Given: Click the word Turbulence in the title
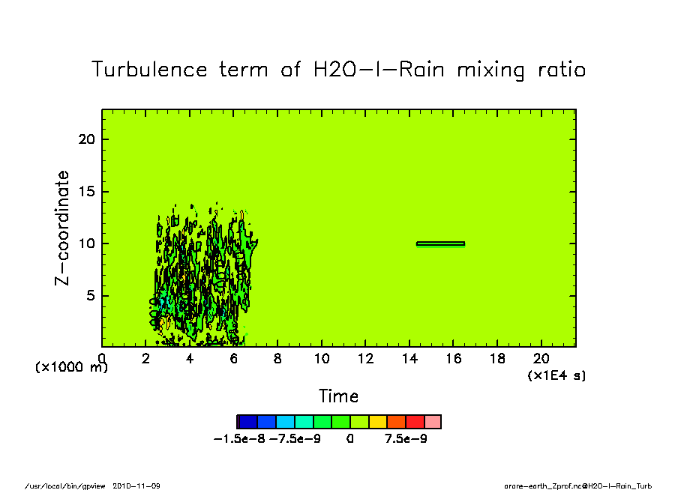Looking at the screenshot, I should click(149, 70).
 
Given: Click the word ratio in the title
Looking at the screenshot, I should click(556, 70).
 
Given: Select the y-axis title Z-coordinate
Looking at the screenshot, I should click(62, 228).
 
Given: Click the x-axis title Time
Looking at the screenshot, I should click(338, 396).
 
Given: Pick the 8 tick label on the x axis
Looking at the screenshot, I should click(277, 358).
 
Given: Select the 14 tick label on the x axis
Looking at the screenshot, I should click(409, 358).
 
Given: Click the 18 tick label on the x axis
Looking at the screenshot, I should click(497, 358).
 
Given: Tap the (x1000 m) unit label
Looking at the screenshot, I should click(71, 368).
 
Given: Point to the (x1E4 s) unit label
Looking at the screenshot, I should click(556, 375).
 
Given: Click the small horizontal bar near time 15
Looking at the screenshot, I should click(440, 244).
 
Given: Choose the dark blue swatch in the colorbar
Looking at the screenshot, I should click(247, 422).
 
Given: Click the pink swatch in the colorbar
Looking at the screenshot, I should click(433, 422).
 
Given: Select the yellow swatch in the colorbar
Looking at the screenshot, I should click(377, 422).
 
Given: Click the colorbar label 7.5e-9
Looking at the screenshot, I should click(406, 439).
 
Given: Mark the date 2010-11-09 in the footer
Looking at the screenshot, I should click(136, 486).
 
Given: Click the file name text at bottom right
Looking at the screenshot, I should click(579, 486).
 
